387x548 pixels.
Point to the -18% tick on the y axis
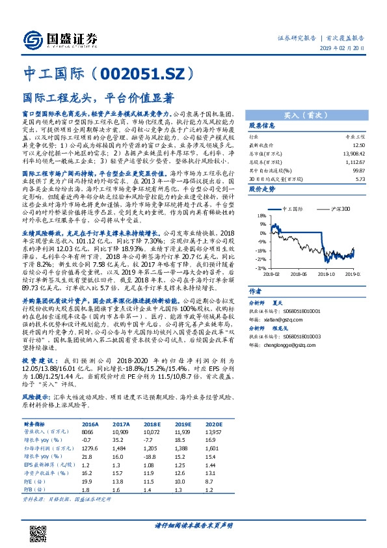pos(259,250)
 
